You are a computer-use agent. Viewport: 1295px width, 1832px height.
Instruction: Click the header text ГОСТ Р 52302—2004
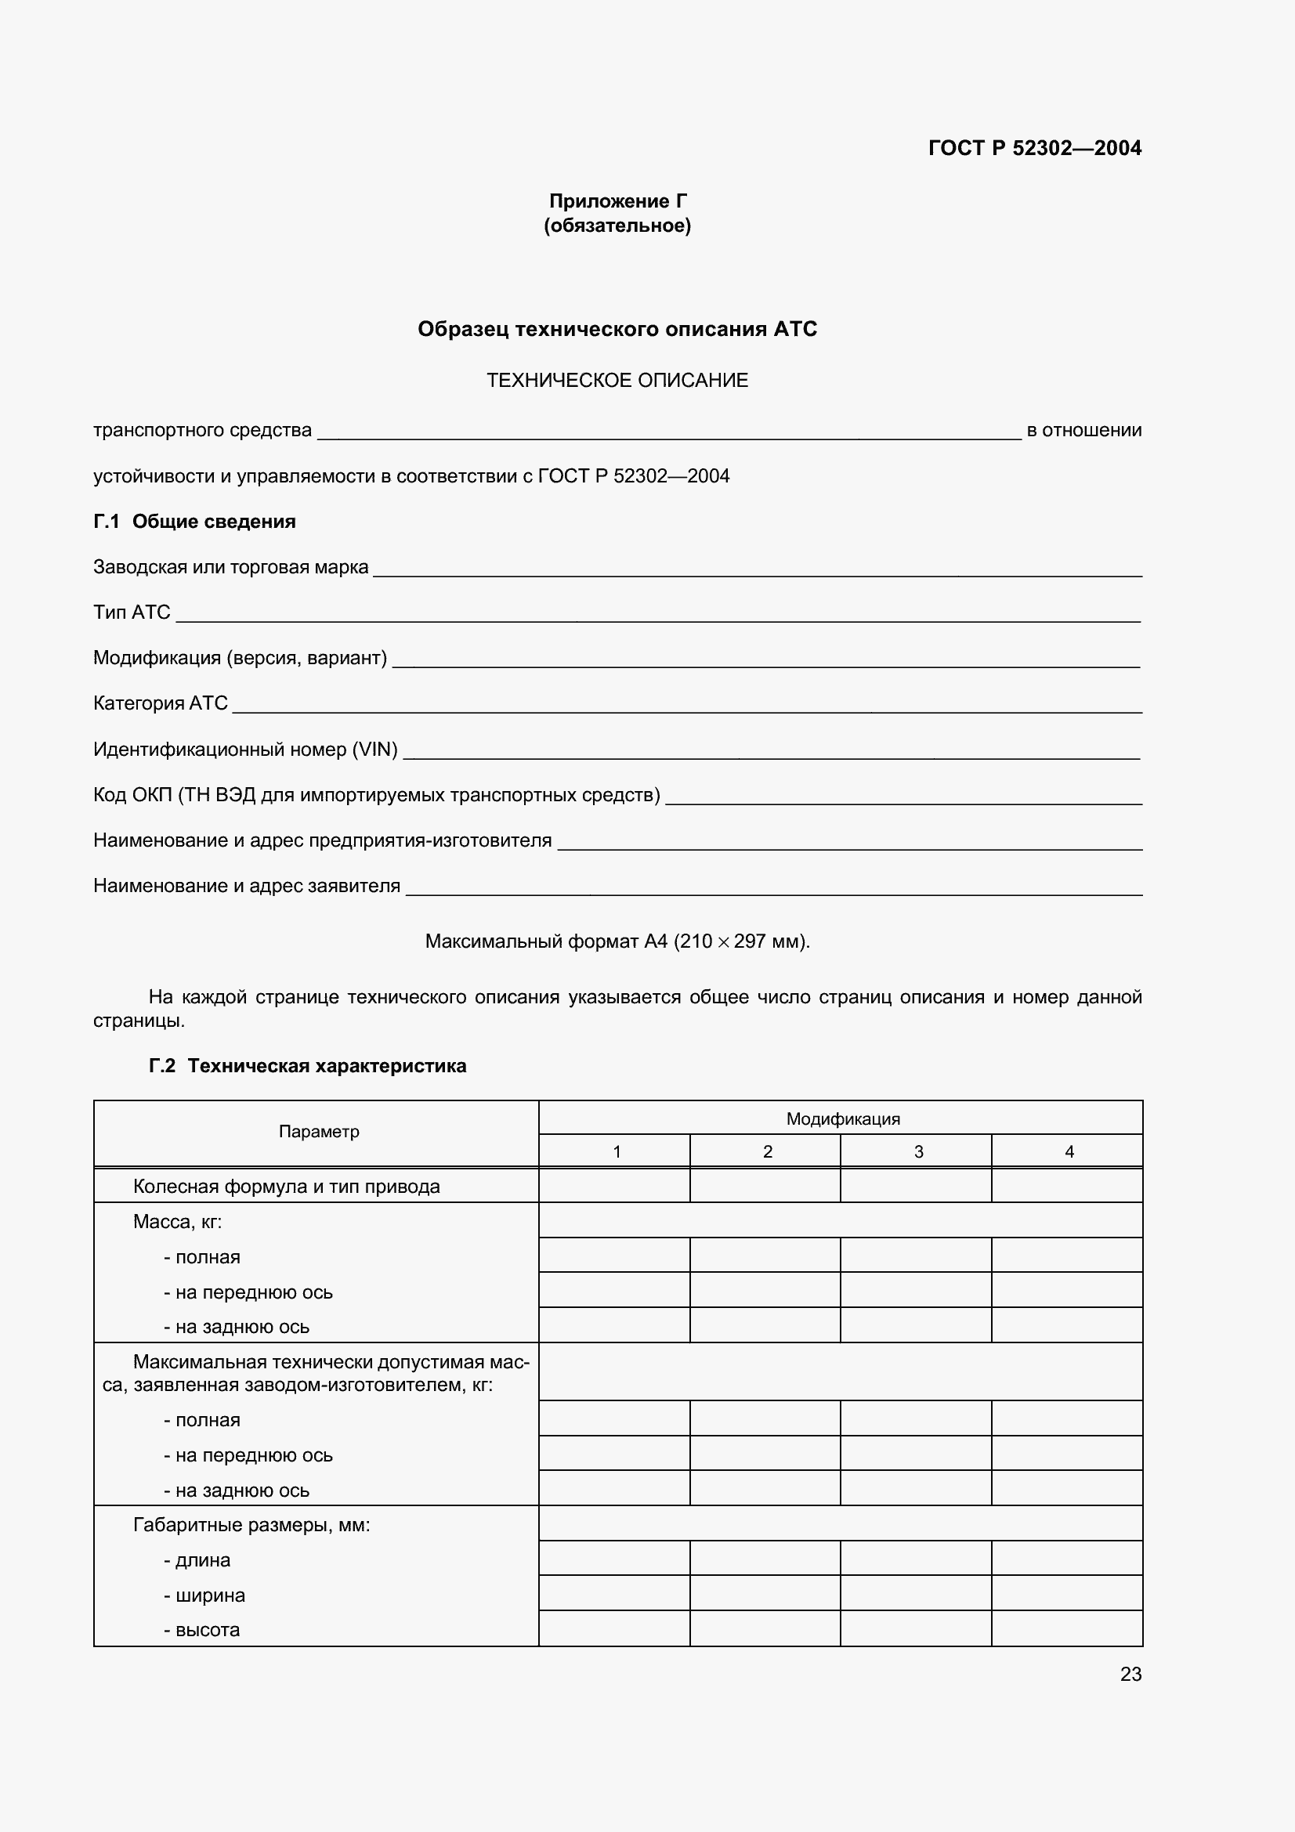pos(1034,147)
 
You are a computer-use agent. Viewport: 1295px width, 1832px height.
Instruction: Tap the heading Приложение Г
pos(617,201)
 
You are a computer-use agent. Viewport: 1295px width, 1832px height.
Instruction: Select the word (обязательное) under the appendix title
pos(617,226)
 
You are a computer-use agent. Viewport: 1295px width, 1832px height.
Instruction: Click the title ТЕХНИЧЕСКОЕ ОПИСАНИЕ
pos(617,381)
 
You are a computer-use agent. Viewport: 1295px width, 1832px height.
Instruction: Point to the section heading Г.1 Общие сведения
pos(195,522)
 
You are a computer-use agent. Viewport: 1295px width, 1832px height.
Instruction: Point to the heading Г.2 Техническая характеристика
pos(308,1066)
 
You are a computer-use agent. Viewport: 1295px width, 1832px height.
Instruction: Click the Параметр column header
pos(318,1132)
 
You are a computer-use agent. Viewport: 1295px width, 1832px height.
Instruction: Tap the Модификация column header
pos(843,1118)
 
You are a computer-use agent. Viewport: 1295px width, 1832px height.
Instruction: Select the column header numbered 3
pos(917,1151)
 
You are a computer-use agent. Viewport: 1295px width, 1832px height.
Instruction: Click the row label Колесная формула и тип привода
pos(287,1187)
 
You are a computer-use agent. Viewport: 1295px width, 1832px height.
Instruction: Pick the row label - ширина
pos(204,1595)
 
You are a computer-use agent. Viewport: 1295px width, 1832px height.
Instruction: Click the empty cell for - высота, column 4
pos(1067,1628)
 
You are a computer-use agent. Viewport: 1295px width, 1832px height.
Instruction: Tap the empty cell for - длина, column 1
pos(613,1558)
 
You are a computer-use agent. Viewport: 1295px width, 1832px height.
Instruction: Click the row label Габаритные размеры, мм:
pos(251,1525)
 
